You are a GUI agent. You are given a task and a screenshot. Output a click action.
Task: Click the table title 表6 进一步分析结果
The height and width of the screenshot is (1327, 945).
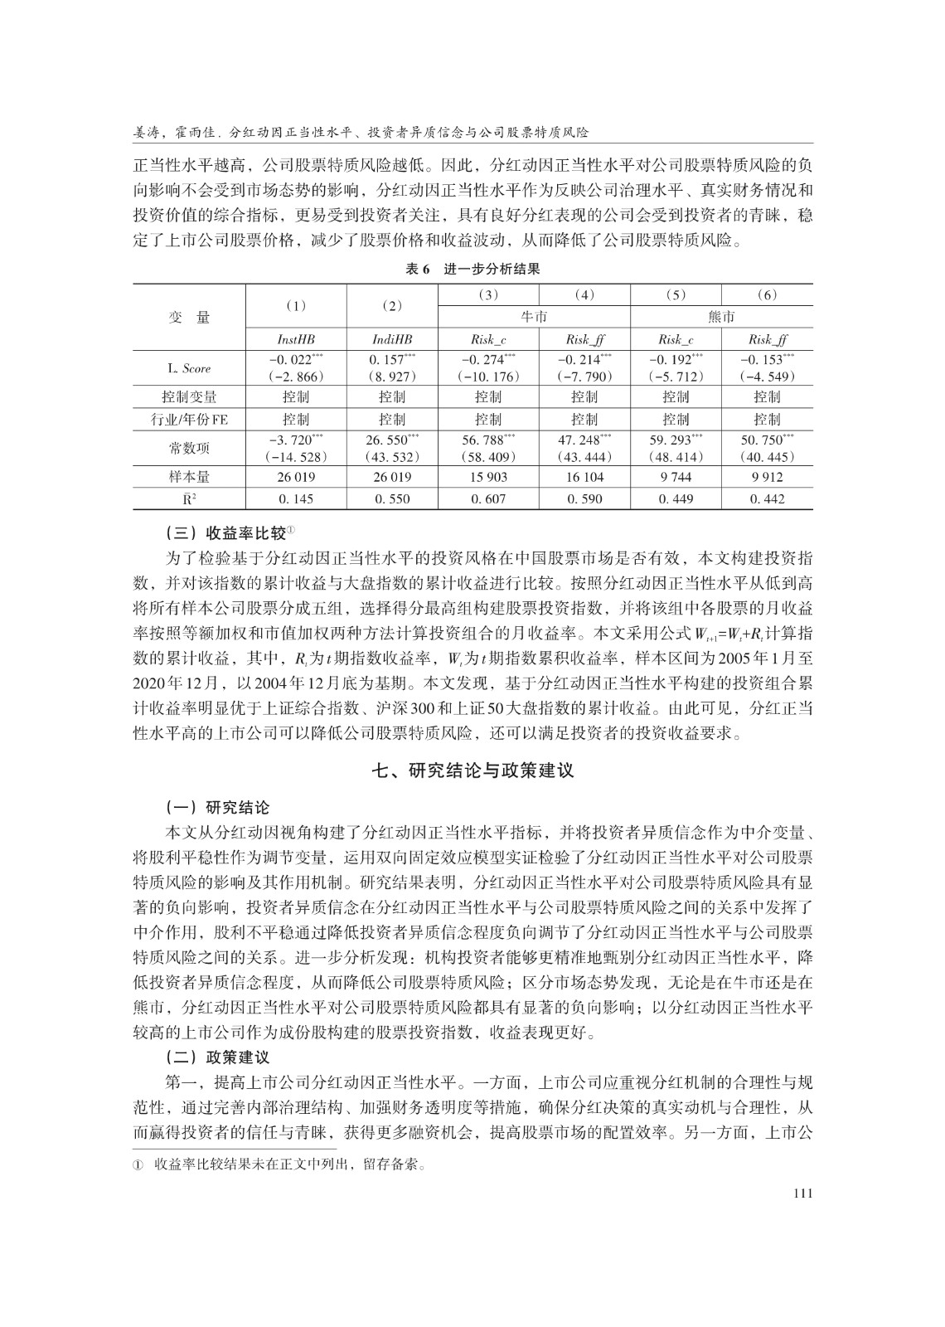click(472, 269)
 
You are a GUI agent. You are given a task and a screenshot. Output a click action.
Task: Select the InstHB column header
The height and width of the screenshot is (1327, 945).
click(295, 339)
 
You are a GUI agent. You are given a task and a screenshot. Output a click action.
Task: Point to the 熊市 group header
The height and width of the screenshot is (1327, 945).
click(721, 317)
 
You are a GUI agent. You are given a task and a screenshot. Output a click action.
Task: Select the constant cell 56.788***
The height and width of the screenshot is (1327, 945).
click(488, 440)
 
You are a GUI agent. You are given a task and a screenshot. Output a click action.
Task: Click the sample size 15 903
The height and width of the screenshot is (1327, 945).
click(488, 477)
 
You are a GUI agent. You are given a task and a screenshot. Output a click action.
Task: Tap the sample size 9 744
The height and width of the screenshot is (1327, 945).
click(676, 477)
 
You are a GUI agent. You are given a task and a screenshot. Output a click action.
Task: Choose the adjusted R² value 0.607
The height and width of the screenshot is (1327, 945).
click(488, 498)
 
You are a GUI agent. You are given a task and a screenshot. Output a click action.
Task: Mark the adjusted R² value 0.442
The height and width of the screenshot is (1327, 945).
click(767, 498)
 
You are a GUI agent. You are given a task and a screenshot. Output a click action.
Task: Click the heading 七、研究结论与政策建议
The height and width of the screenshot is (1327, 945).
click(472, 770)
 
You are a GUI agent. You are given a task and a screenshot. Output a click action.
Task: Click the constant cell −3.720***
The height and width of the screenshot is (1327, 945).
click(295, 440)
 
